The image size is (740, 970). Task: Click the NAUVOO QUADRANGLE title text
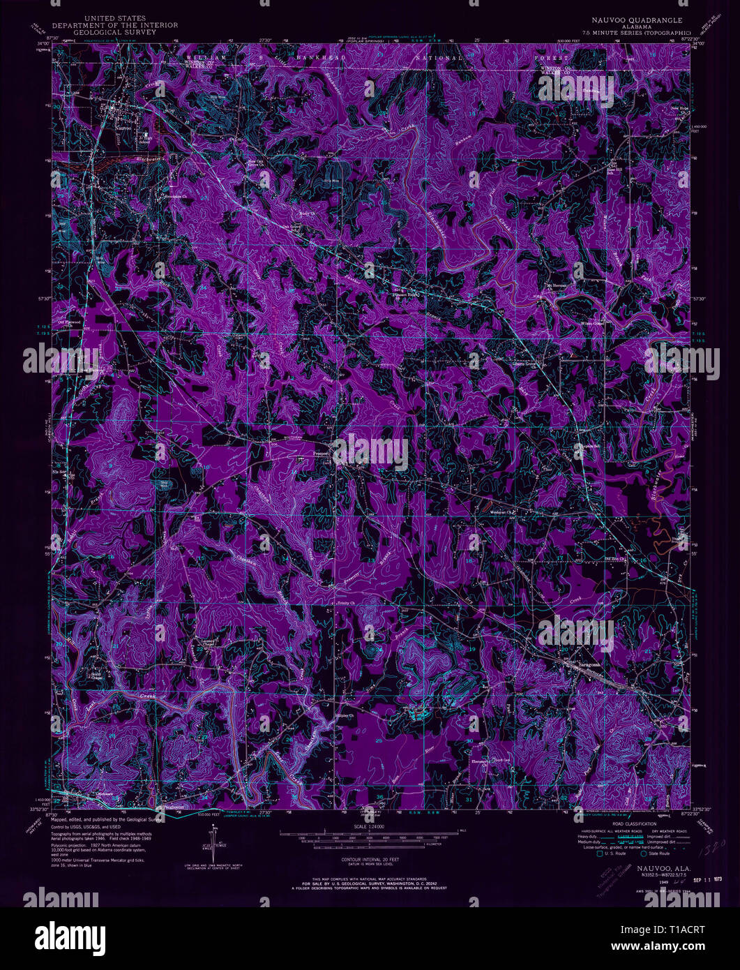click(x=633, y=21)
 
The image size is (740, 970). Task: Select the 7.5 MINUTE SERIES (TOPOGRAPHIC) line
click(x=633, y=33)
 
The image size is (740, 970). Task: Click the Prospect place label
click(x=319, y=452)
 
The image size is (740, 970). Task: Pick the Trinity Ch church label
click(x=347, y=602)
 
